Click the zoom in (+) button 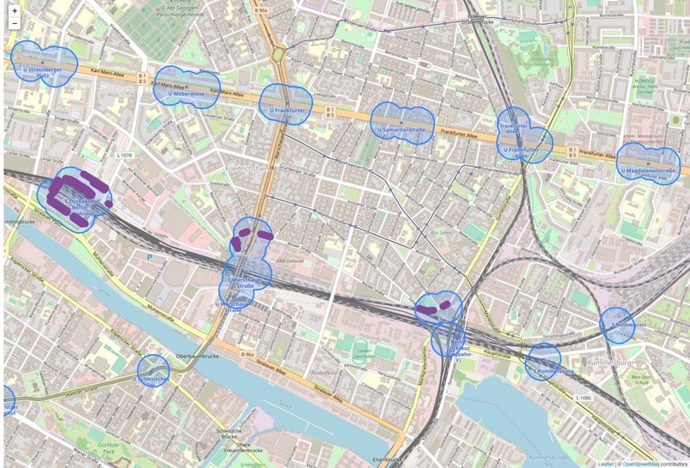coord(14,10)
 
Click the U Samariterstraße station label coord(402,130)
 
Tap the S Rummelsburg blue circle coord(544,362)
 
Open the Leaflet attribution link coord(605,464)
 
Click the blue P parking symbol coord(151,255)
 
